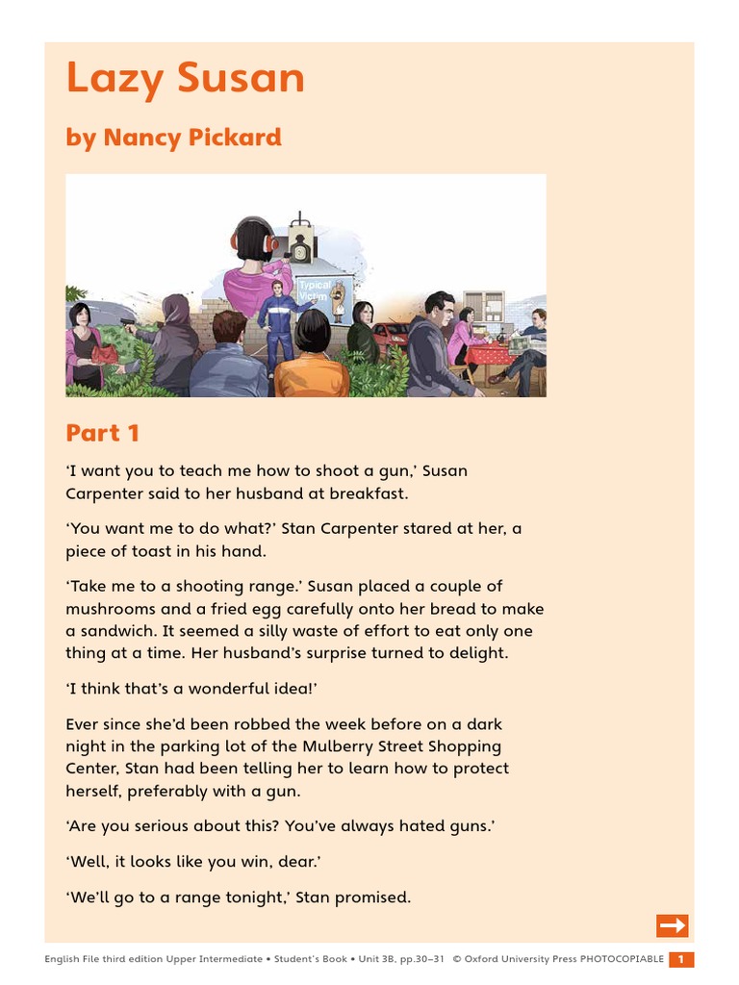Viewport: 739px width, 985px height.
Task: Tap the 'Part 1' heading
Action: (103, 433)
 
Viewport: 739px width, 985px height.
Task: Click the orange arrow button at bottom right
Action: (673, 925)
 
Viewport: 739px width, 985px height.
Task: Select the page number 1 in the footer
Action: (680, 959)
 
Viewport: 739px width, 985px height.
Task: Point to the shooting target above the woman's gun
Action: (300, 247)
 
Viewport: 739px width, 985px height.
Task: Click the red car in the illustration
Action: (389, 337)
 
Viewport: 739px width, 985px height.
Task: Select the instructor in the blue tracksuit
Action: (278, 322)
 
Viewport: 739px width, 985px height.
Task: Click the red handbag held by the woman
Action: (103, 355)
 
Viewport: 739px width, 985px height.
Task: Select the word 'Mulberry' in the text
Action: (359, 746)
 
